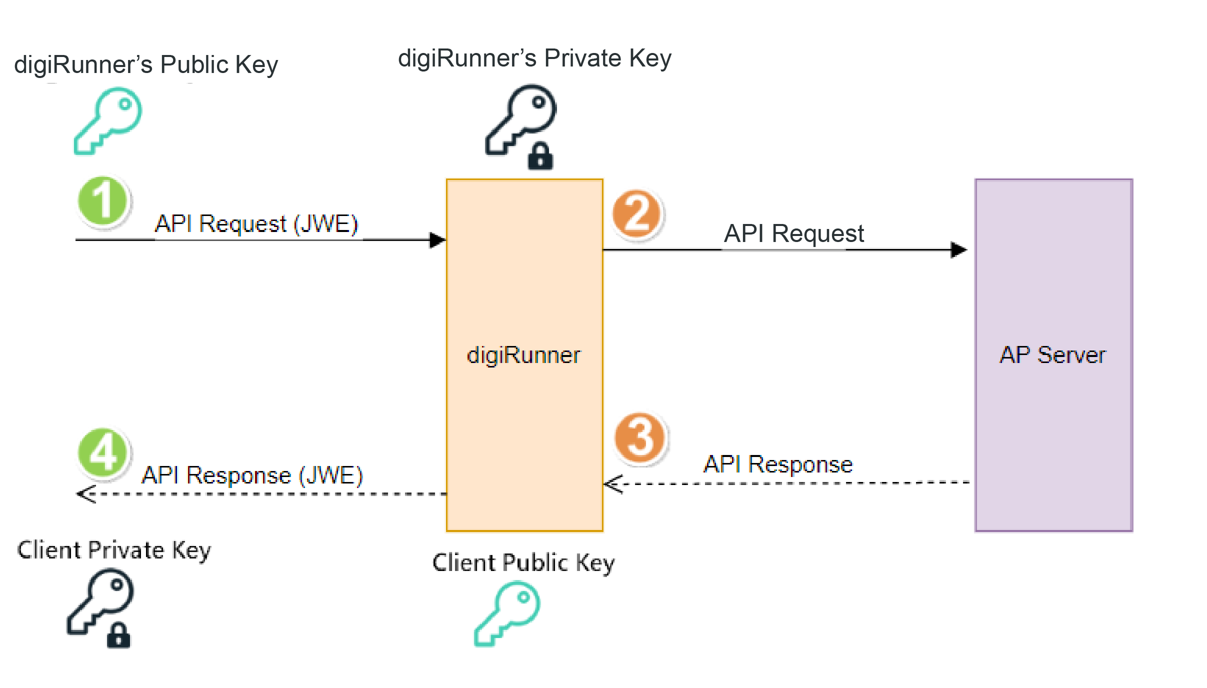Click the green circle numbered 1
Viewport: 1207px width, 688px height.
(103, 201)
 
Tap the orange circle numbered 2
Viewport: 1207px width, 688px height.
(636, 214)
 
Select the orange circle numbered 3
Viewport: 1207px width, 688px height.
(640, 438)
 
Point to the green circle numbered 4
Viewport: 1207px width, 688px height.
(103, 452)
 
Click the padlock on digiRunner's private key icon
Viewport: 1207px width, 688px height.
(540, 156)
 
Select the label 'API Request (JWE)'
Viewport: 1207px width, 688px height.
(256, 223)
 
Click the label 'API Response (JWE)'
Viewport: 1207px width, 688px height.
(252, 475)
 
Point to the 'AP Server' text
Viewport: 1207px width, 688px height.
(1052, 355)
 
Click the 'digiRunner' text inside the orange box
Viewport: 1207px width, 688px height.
(523, 355)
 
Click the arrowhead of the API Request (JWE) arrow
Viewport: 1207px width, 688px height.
(437, 240)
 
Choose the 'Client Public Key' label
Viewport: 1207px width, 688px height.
(523, 562)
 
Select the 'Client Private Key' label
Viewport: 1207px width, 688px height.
(114, 550)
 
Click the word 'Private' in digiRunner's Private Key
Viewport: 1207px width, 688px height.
(582, 58)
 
